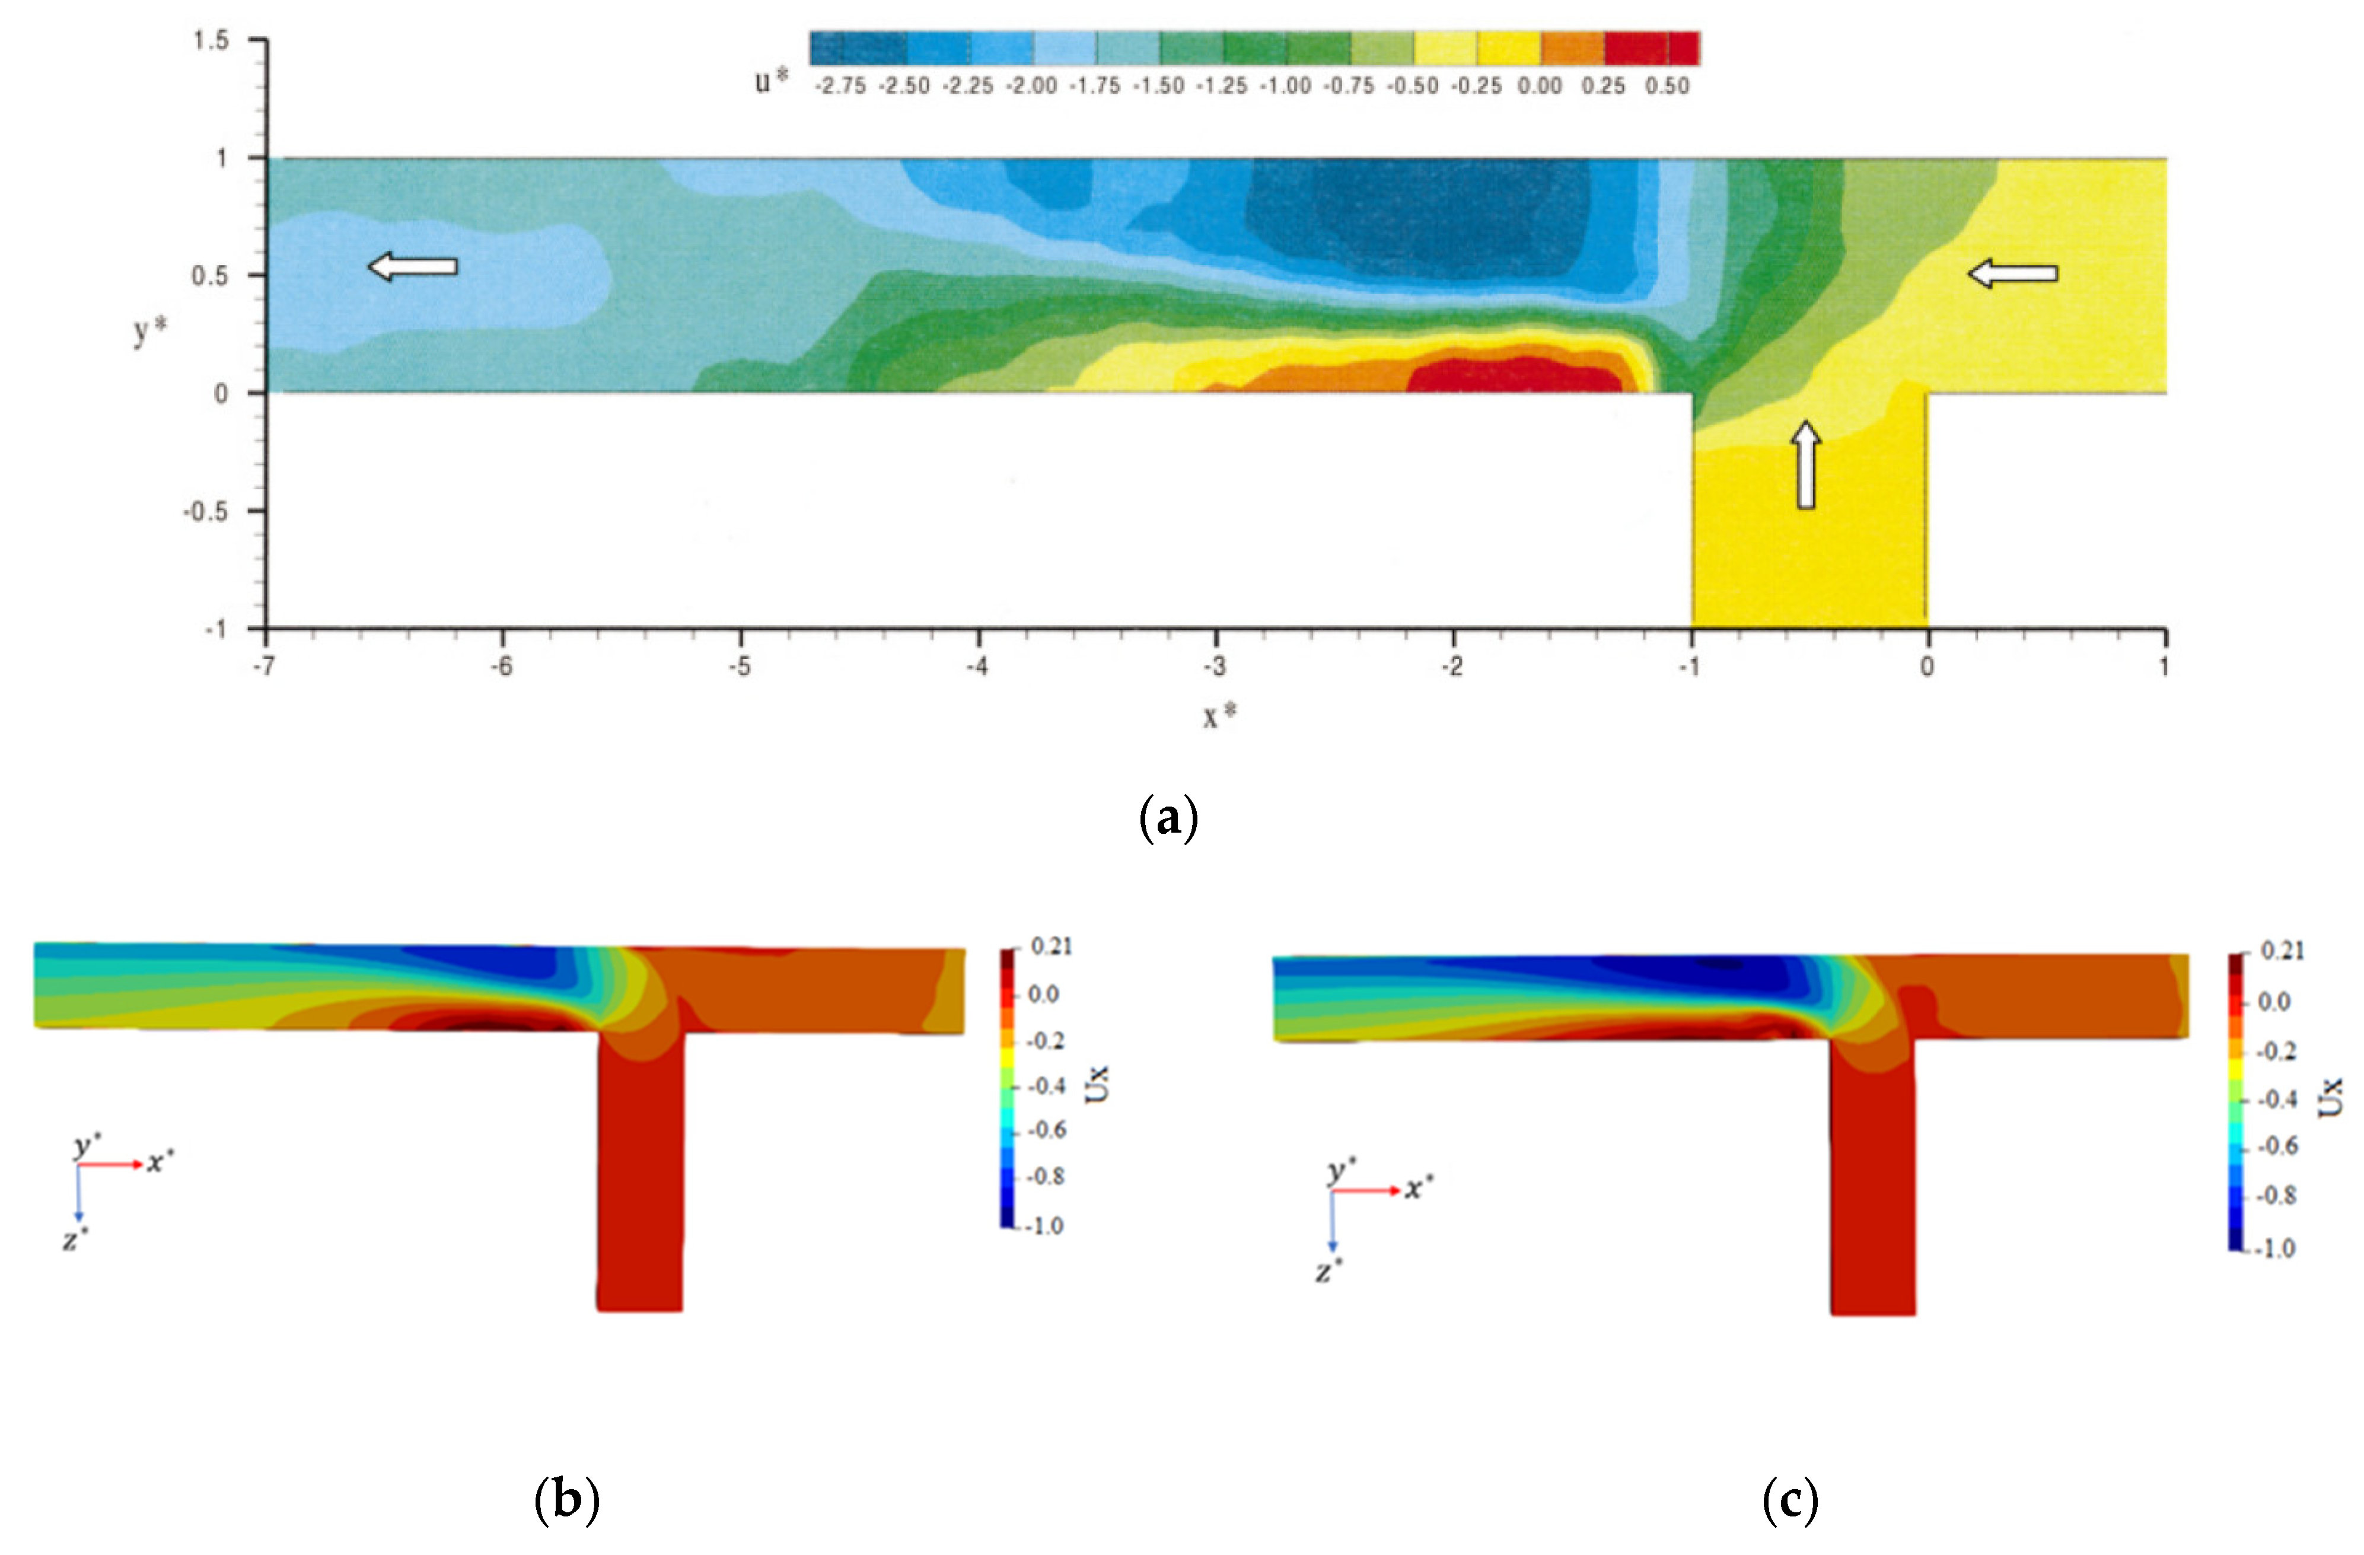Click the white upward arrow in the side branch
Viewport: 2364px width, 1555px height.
[1807, 465]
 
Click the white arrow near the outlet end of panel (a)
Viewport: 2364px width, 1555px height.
[412, 266]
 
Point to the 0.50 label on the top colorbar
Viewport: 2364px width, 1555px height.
[1667, 87]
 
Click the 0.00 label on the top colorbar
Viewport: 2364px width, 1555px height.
[1540, 87]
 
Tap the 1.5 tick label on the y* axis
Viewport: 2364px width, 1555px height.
[211, 41]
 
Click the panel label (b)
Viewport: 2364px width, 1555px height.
[567, 1499]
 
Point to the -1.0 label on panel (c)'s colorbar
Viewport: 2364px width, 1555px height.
[2274, 1248]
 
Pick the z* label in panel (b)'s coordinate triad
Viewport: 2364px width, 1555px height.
[75, 1239]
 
